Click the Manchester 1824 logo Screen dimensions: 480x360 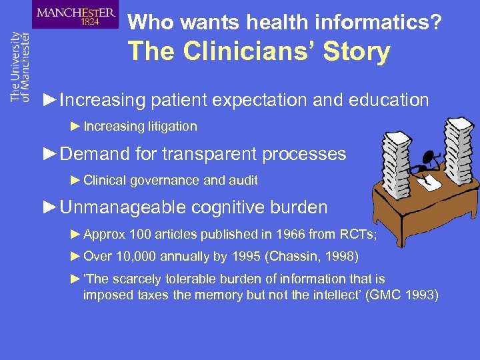tap(75, 15)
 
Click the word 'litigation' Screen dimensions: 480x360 tap(172, 126)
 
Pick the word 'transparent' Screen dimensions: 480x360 tap(207, 154)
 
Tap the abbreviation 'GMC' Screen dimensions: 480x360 tap(388, 294)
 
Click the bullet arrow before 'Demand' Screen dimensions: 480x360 tap(49, 154)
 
